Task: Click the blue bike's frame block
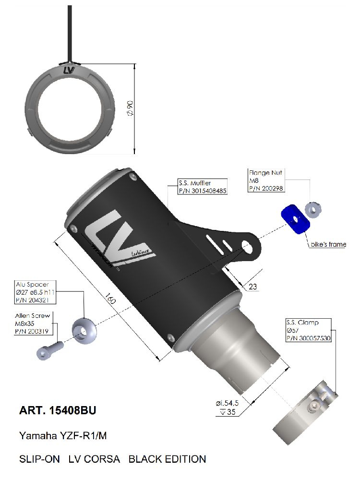click(x=295, y=219)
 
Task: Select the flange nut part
click(x=313, y=210)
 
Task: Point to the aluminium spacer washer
click(x=84, y=331)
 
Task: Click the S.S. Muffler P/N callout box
click(x=203, y=187)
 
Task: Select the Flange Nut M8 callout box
click(x=266, y=180)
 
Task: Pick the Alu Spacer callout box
click(x=36, y=292)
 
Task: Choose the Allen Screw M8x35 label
click(x=32, y=323)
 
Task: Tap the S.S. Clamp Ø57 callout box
click(x=309, y=330)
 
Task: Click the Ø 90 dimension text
click(x=130, y=108)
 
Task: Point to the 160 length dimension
click(x=110, y=299)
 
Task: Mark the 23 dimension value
click(x=252, y=287)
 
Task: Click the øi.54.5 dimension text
click(x=227, y=403)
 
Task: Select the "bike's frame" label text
click(x=328, y=244)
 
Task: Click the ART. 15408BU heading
click(x=58, y=410)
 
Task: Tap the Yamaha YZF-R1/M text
click(x=63, y=435)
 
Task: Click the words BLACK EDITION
click(x=167, y=459)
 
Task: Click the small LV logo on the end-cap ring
click(x=69, y=71)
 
